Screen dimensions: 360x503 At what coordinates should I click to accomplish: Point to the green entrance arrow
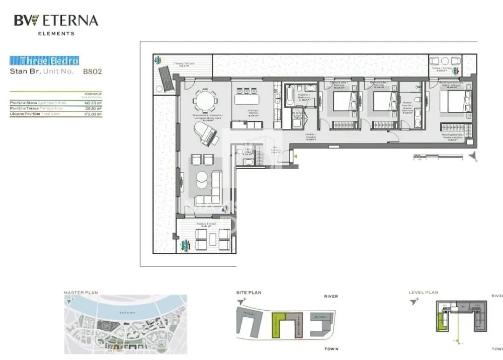pos(297,156)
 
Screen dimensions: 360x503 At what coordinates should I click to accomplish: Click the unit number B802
pos(93,71)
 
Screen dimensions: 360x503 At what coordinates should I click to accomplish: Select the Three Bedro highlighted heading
pos(45,61)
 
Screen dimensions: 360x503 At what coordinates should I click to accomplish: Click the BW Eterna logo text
pos(56,21)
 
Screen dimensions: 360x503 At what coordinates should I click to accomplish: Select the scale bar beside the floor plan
pos(438,157)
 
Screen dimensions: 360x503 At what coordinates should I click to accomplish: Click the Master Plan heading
pos(81,292)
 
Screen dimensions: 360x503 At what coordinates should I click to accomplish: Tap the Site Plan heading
pos(249,292)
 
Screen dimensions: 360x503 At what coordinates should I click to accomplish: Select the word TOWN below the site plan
pos(331,349)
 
